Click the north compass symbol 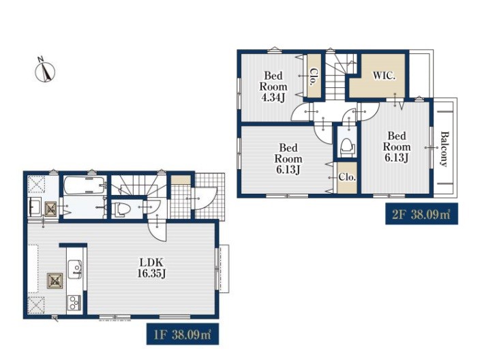pos(45,72)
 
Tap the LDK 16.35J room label pos(151,268)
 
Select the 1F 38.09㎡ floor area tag pos(182,334)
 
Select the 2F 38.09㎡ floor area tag pos(421,213)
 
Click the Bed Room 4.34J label pos(273,87)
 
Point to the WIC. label pos(384,76)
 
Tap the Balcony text pos(445,149)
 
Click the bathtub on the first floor pos(85,185)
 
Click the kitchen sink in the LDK pos(75,269)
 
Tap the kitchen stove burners pos(74,303)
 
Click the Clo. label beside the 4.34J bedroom pos(313,76)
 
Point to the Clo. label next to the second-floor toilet pos(347,177)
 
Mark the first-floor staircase pos(138,185)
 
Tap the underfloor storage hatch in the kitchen pos(55,281)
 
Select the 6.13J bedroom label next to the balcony pos(397,147)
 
